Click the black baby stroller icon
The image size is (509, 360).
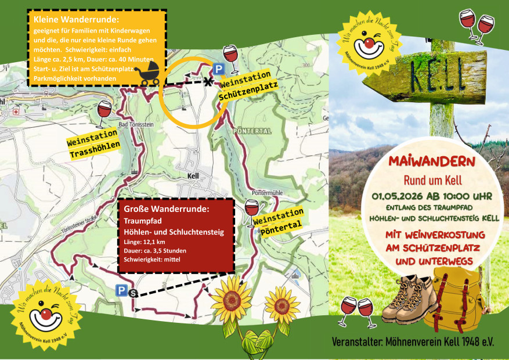click(x=147, y=74)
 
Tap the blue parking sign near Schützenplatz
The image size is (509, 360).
click(x=219, y=69)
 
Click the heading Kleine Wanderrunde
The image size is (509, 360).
click(x=68, y=20)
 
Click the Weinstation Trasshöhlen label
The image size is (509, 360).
click(x=93, y=149)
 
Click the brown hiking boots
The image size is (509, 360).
click(x=409, y=300)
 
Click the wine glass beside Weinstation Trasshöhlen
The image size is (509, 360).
click(x=104, y=111)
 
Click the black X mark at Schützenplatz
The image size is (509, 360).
click(x=207, y=82)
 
